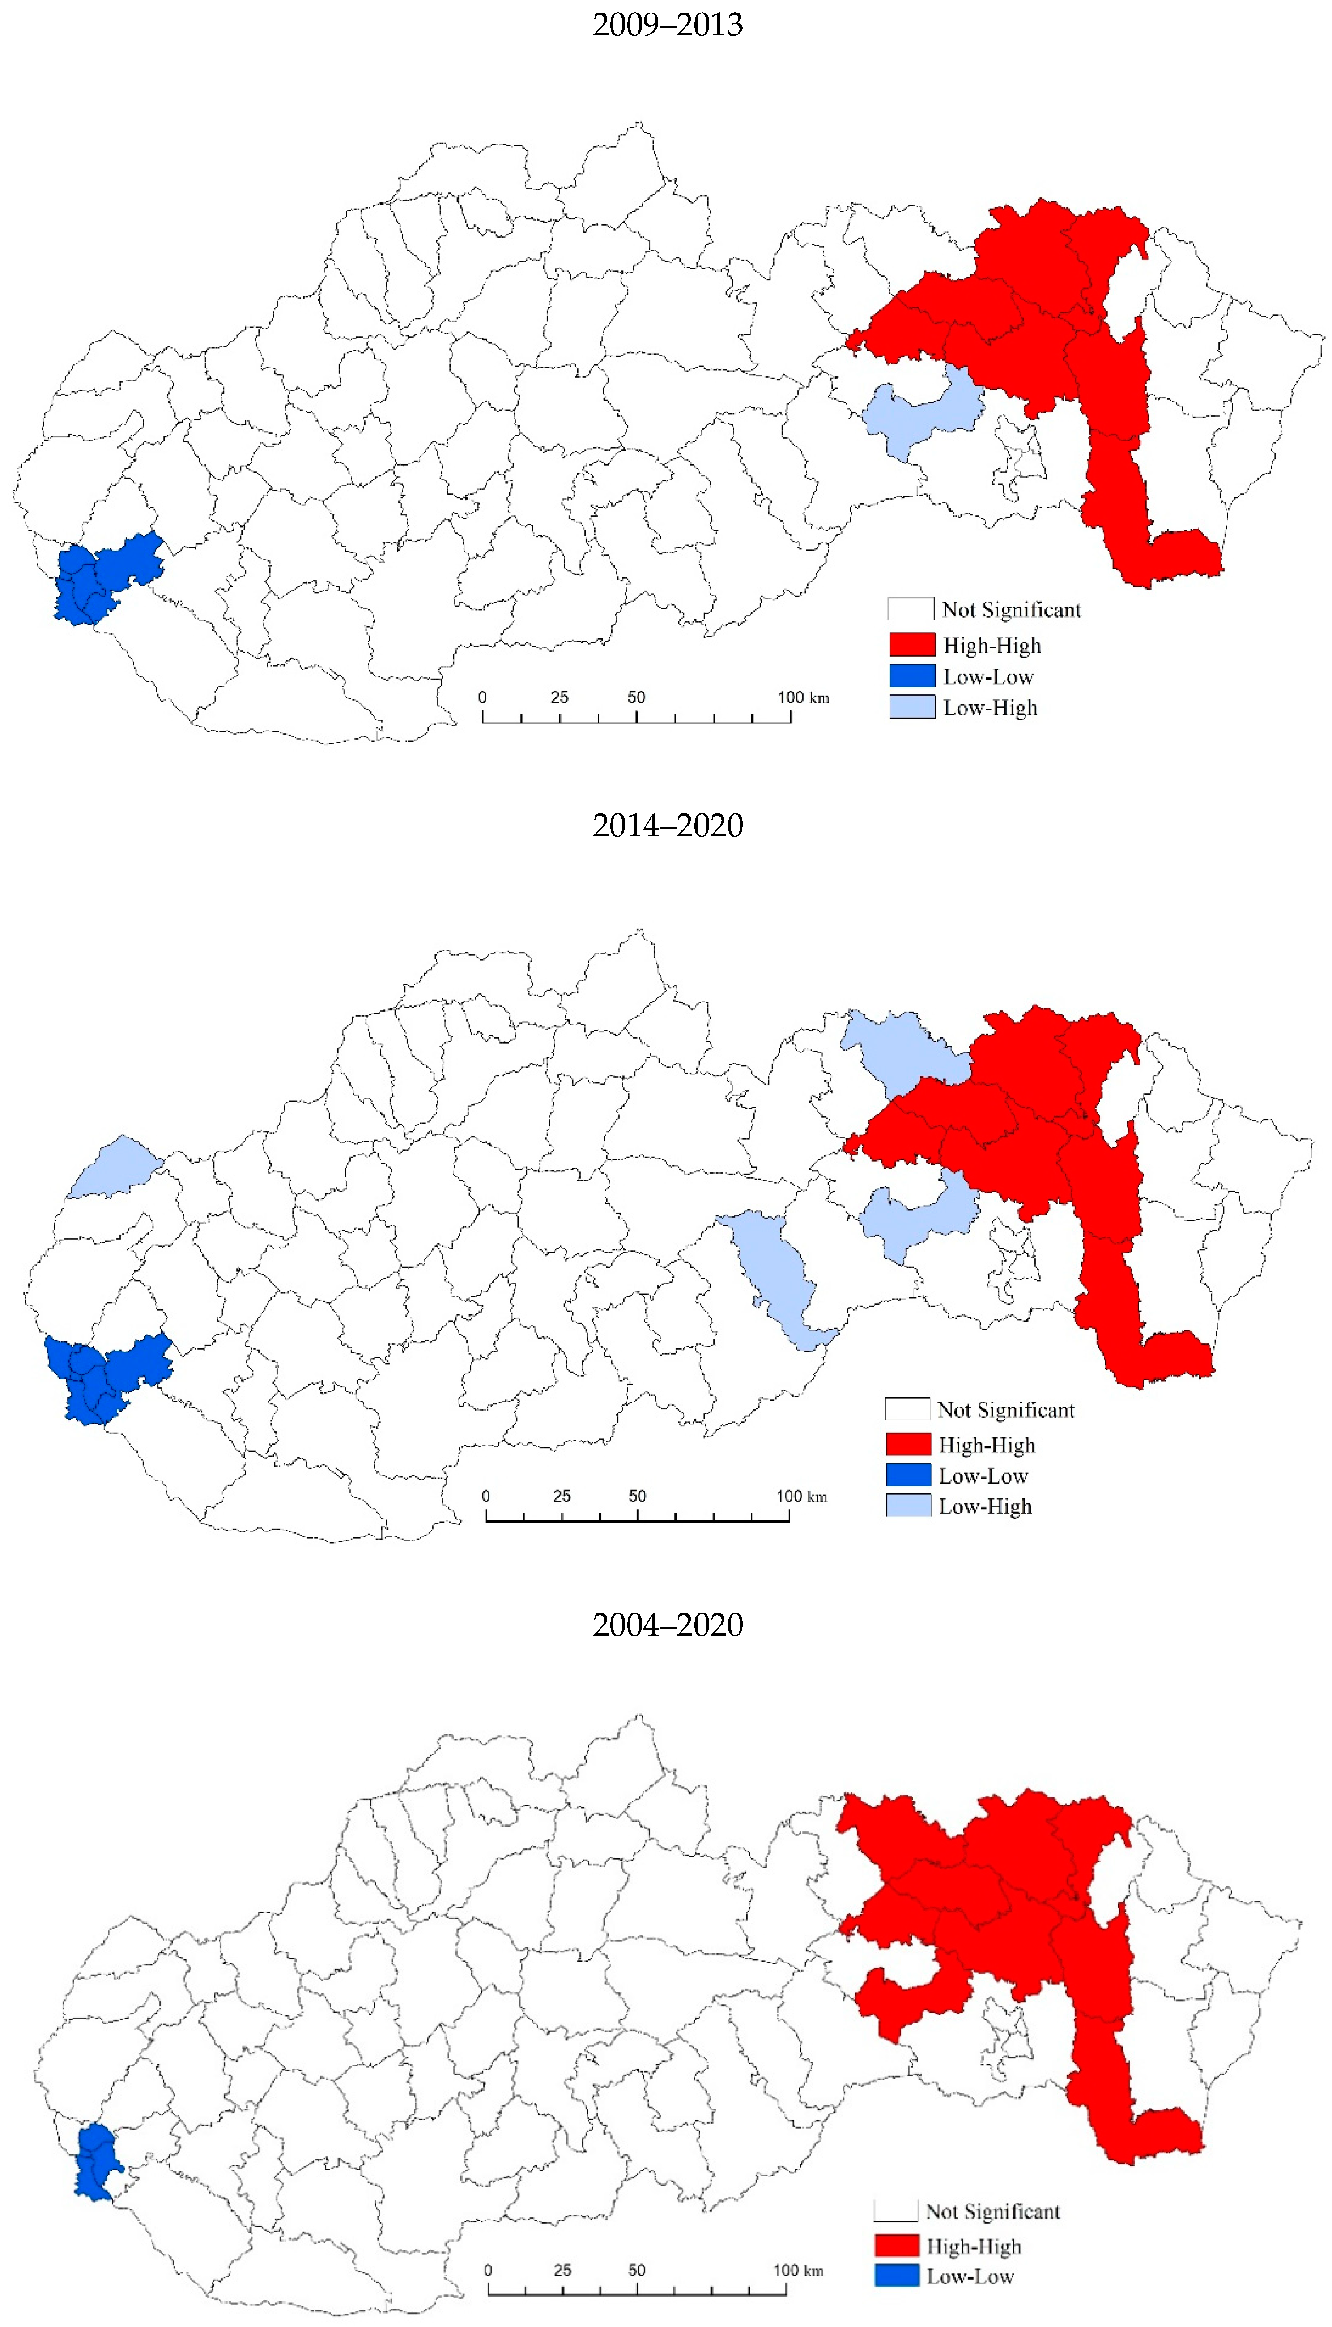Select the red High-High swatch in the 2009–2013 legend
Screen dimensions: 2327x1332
pyautogui.click(x=912, y=645)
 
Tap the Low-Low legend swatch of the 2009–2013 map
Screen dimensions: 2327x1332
pyautogui.click(x=912, y=676)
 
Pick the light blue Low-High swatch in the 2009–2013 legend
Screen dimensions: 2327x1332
pyautogui.click(x=912, y=707)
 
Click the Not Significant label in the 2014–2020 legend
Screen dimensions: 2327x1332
pyautogui.click(x=1005, y=1410)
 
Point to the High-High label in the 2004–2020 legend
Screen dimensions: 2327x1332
pyautogui.click(x=974, y=2246)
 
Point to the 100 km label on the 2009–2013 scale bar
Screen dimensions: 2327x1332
pyautogui.click(x=803, y=697)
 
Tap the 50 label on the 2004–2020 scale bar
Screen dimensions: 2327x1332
pyautogui.click(x=637, y=2270)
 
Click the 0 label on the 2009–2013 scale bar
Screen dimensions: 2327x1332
pyautogui.click(x=482, y=697)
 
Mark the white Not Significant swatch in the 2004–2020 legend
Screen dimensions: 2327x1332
pyautogui.click(x=896, y=2211)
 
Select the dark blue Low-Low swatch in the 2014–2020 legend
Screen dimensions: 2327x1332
pyautogui.click(x=908, y=1475)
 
